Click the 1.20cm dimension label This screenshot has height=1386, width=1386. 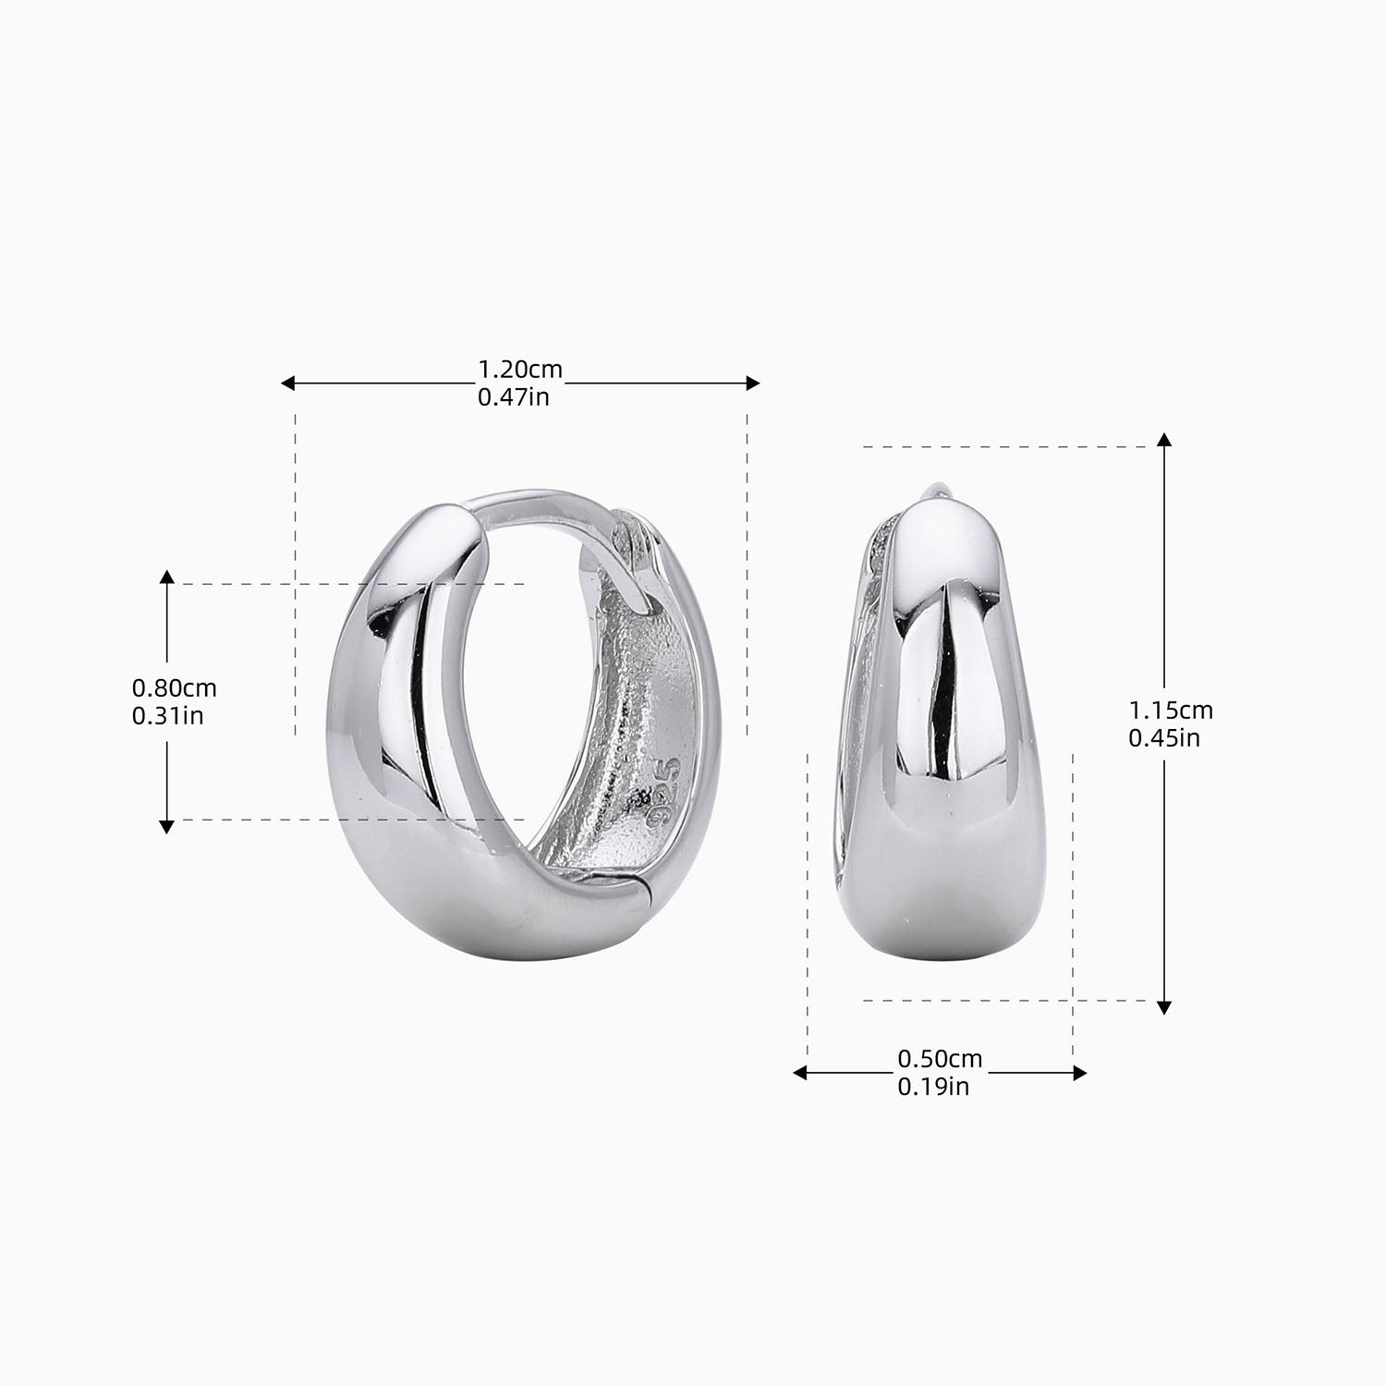pyautogui.click(x=519, y=370)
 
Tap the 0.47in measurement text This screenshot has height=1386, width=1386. pyautogui.click(x=513, y=398)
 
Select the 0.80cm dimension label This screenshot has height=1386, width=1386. pyautogui.click(x=174, y=688)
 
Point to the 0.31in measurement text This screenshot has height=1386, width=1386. pyautogui.click(x=167, y=716)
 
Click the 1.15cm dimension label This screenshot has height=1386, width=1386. pyautogui.click(x=1171, y=710)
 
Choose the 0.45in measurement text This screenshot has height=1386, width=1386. pyautogui.click(x=1164, y=738)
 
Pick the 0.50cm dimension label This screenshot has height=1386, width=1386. pyautogui.click(x=940, y=1058)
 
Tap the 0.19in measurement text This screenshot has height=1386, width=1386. pyautogui.click(x=933, y=1087)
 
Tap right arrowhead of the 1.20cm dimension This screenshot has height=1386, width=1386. pyautogui.click(x=753, y=383)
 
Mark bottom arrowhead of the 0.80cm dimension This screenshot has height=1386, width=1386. pyautogui.click(x=166, y=826)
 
